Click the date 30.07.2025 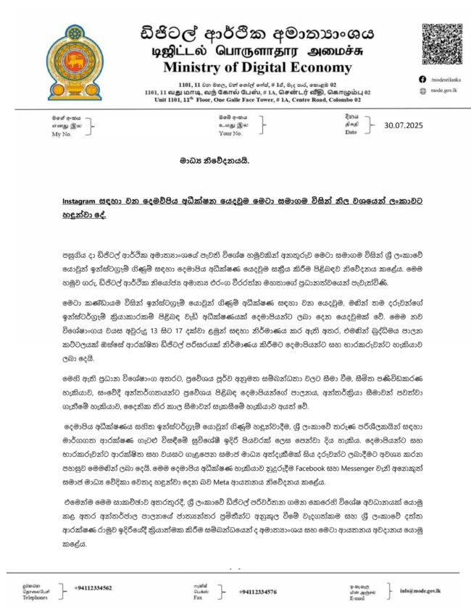click(x=409, y=127)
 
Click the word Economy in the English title click(x=343, y=68)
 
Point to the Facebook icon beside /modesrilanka click(x=424, y=79)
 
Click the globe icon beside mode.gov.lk click(x=424, y=91)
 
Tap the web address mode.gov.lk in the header click(x=446, y=91)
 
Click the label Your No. click(x=230, y=133)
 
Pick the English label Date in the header click(x=351, y=133)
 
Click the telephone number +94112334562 click(x=93, y=587)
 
